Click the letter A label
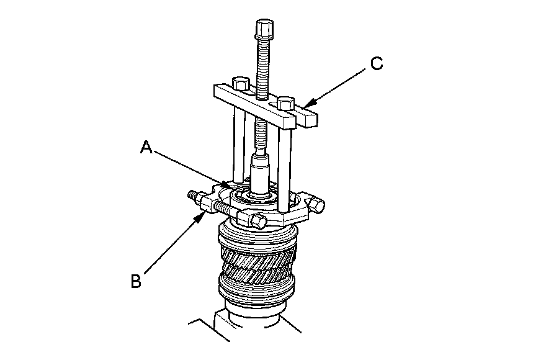[146, 148]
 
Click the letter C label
[377, 63]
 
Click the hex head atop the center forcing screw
[263, 29]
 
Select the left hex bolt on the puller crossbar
[241, 83]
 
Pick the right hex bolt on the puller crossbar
[285, 102]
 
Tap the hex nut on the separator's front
[257, 219]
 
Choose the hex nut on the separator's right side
[319, 204]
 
